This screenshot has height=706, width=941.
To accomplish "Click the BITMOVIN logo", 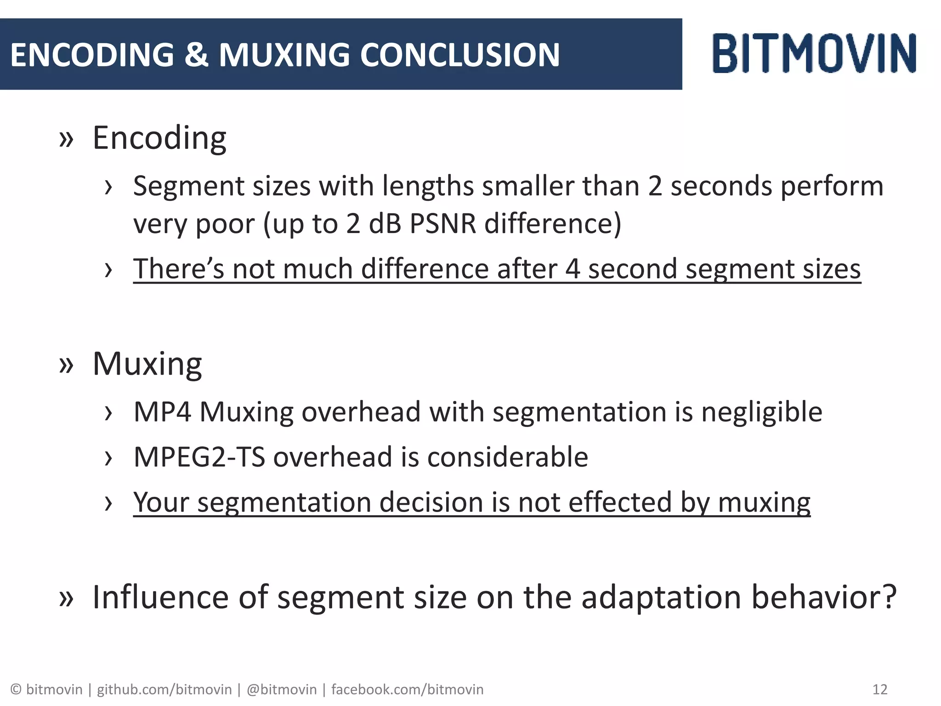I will [814, 53].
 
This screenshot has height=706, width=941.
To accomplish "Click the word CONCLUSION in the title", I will [459, 55].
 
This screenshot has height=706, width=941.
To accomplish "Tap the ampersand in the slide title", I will [196, 55].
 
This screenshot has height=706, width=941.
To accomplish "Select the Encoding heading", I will [159, 138].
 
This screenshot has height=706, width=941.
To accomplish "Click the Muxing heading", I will [147, 364].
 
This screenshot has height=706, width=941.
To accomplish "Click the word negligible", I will [762, 412].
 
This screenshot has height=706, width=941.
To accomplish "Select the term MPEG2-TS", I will [199, 457].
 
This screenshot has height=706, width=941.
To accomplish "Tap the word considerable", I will [508, 457].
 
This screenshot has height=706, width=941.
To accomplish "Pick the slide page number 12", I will [879, 689].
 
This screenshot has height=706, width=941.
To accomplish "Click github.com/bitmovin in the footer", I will [164, 689].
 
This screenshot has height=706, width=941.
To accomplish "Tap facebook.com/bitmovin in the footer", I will [407, 689].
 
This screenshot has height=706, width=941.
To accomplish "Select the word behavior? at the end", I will [823, 597].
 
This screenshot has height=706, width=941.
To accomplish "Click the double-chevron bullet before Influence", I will [66, 598].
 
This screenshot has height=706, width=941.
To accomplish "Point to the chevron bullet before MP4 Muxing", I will [108, 413].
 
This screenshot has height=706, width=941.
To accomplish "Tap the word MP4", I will [162, 412].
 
